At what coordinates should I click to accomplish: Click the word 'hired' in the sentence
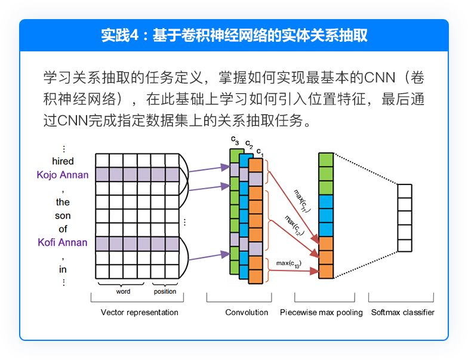point(63,161)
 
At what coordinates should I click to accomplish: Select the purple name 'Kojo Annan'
point(63,174)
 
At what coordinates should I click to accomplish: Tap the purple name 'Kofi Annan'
point(63,242)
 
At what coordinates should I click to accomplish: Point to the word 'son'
point(63,216)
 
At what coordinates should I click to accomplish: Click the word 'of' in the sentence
point(63,229)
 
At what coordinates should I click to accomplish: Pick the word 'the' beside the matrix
point(63,202)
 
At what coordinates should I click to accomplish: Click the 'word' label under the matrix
point(123,291)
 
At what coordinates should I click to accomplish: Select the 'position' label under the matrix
point(165,291)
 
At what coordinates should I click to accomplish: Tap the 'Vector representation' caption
point(140,313)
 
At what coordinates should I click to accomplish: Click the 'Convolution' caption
point(247,313)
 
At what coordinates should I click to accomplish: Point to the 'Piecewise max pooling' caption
point(321,313)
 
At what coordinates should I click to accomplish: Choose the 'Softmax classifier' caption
point(402,313)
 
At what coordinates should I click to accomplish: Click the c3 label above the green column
point(235,140)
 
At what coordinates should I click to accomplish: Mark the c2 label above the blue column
point(249,144)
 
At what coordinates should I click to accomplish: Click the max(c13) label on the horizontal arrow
point(289,264)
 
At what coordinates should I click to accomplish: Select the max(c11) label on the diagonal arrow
point(302,201)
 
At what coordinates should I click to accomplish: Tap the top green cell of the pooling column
point(326,160)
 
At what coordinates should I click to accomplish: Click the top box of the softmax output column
point(405,191)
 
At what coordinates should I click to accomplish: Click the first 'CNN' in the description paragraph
point(380,78)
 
